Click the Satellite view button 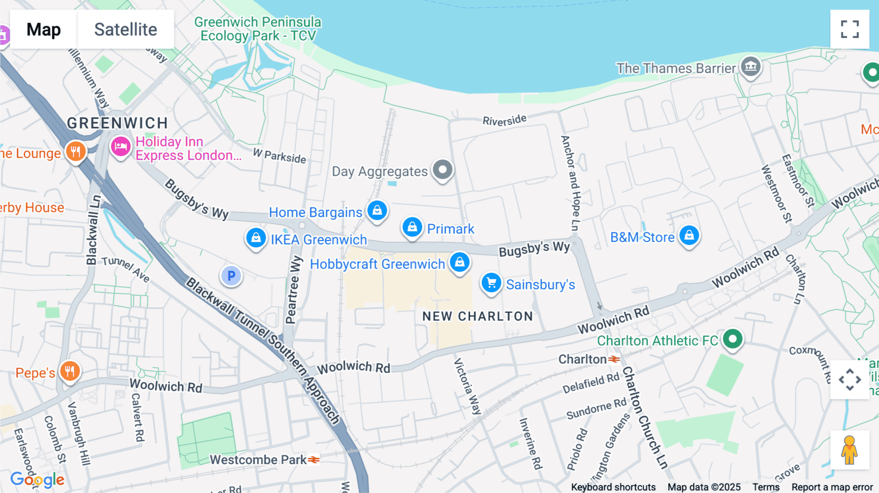(x=126, y=29)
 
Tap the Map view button (x=43, y=29)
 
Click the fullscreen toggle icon (x=850, y=29)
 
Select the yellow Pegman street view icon (x=849, y=450)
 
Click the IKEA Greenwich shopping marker (x=256, y=238)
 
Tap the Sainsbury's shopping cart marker (x=491, y=283)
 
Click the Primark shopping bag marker (x=412, y=227)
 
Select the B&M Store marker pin (x=689, y=236)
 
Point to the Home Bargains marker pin (x=377, y=211)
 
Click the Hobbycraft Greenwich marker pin (x=460, y=263)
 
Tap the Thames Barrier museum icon (x=751, y=66)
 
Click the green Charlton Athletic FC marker (x=732, y=339)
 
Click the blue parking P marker (x=231, y=276)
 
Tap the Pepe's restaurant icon (x=70, y=371)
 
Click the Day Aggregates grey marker (x=442, y=170)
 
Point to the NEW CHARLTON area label (x=477, y=316)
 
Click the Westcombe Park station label (x=258, y=460)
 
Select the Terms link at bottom (x=766, y=487)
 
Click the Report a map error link (x=832, y=487)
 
